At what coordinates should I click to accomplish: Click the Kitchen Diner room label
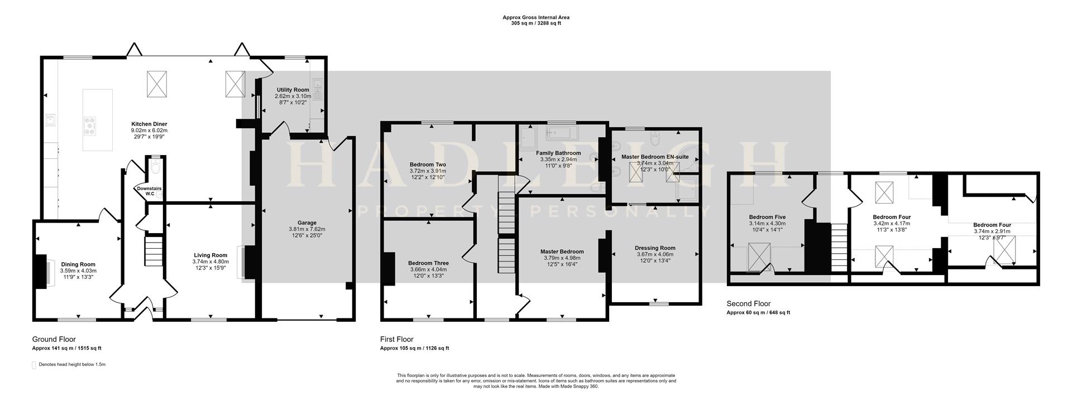[149, 124]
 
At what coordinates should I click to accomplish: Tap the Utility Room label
[293, 90]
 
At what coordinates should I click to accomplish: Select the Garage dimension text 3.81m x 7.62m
[307, 229]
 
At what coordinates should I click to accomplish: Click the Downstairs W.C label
[149, 191]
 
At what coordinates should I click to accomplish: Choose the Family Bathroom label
[558, 153]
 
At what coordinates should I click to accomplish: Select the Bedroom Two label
[428, 165]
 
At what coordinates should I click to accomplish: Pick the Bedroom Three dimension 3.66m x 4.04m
[428, 269]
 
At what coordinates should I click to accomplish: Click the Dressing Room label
[655, 248]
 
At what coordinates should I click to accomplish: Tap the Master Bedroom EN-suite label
[655, 157]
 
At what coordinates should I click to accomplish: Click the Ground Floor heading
[54, 339]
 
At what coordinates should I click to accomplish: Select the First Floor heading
[396, 339]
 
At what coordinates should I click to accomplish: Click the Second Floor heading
[748, 304]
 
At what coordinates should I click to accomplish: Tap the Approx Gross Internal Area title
[535, 17]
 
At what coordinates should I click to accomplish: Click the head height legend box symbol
[34, 365]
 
